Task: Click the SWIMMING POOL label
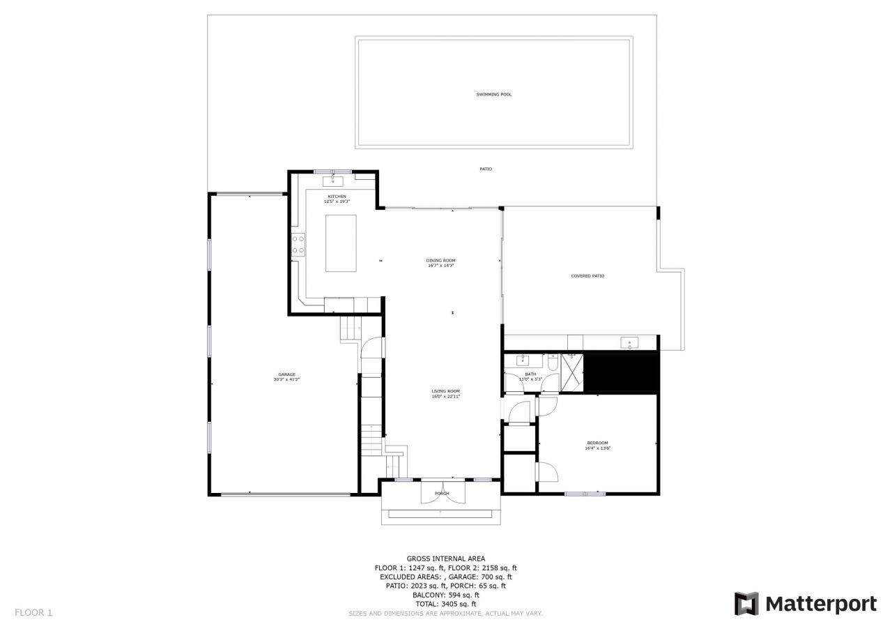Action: point(493,94)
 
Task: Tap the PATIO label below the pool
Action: point(486,169)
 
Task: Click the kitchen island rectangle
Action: point(341,243)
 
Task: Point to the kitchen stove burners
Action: point(298,245)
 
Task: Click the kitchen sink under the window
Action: point(332,181)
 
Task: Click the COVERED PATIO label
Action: point(587,276)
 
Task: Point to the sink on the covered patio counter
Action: point(630,342)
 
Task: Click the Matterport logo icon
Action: point(746,604)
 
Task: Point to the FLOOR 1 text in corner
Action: point(33,613)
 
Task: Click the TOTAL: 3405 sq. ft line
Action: point(446,604)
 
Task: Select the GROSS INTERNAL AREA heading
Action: point(446,558)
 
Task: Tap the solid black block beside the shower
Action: point(621,373)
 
